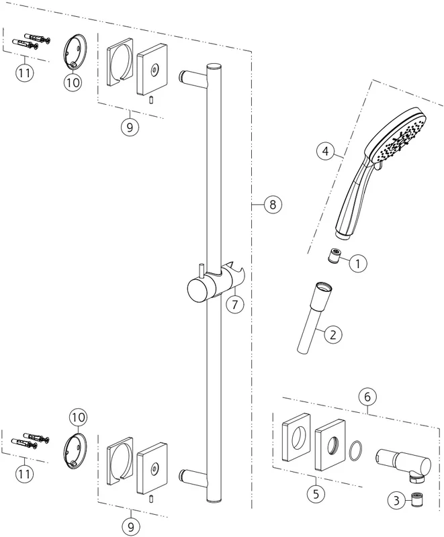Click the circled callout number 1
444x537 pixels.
pos(357,263)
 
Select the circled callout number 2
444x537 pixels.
pos(333,334)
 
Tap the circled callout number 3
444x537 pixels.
pos(397,501)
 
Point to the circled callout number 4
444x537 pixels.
pos(326,151)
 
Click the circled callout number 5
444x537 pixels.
pos(316,494)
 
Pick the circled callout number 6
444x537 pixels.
pos(367,397)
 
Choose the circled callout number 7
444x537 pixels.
pos(235,304)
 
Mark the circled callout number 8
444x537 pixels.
pos(273,205)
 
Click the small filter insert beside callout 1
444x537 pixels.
pos(334,256)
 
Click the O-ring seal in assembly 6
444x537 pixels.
pos(355,450)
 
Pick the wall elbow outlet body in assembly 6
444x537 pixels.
pos(403,465)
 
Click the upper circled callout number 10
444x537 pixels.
pos(73,82)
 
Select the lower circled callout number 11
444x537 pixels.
pos(24,474)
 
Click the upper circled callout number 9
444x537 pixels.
pos(130,127)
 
